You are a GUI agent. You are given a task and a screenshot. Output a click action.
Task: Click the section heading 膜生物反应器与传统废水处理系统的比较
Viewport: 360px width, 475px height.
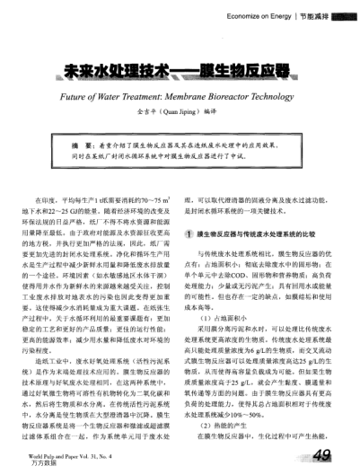click(260, 233)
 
